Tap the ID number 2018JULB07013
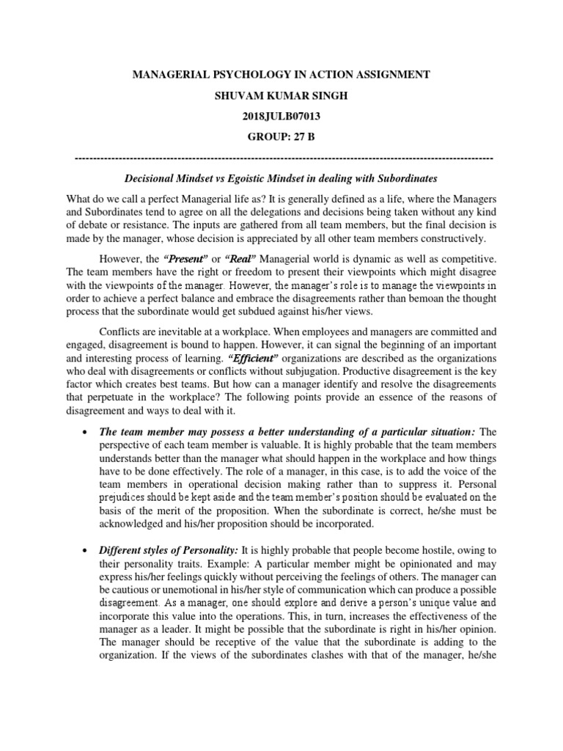click(281, 116)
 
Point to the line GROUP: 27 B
click(281, 136)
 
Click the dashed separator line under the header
click(284, 158)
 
